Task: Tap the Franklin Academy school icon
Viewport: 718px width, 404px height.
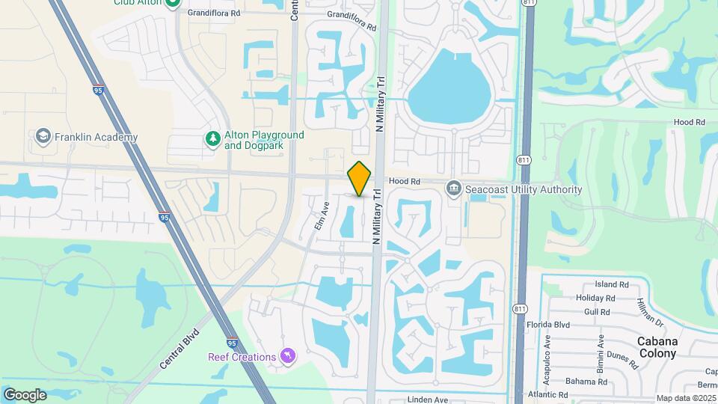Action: [x=43, y=137]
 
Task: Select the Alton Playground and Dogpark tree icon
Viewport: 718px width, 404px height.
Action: [x=214, y=138]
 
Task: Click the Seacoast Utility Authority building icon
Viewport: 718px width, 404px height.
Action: [x=454, y=189]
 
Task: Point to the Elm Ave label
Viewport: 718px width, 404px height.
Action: [x=322, y=215]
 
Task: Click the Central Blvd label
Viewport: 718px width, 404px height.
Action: [x=179, y=349]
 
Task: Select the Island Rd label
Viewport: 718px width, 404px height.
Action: [x=612, y=285]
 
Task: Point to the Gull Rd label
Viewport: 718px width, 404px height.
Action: [x=598, y=311]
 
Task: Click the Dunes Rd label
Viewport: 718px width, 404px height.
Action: [x=622, y=361]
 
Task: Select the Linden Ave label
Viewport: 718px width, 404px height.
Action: [x=426, y=400]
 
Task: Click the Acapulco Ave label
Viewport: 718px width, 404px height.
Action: [x=546, y=359]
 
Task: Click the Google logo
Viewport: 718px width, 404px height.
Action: [x=25, y=394]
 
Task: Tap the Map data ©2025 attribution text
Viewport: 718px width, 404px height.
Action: [x=685, y=398]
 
